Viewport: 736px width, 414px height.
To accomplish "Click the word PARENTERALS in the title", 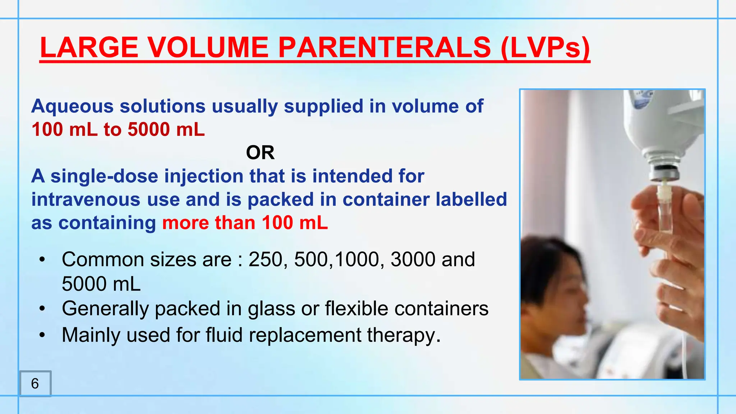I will tap(384, 47).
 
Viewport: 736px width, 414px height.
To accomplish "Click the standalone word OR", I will tap(260, 153).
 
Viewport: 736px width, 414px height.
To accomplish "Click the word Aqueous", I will tap(72, 106).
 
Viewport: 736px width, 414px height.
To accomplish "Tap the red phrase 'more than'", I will tap(208, 223).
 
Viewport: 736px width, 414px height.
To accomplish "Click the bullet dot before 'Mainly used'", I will tap(42, 335).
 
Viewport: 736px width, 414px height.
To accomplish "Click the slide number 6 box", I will tap(35, 383).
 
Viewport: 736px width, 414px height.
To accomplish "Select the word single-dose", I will tap(104, 176).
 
